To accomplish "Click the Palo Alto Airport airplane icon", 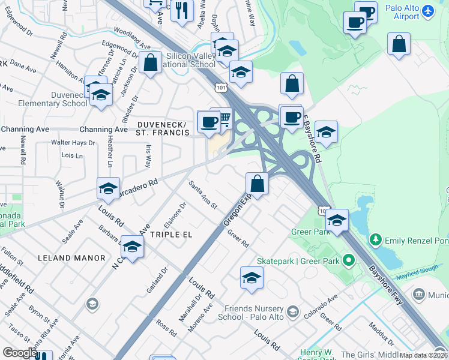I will (x=427, y=11).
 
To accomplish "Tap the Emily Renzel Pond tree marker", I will (x=376, y=241).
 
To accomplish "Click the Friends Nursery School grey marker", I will (x=292, y=311).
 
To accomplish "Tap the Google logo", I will (x=20, y=353).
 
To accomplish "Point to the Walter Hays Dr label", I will (x=73, y=143).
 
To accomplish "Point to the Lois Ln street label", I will (x=71, y=155).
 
